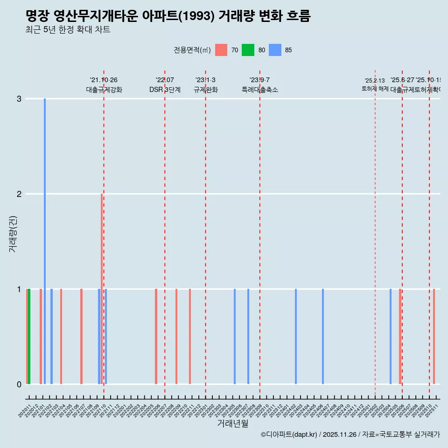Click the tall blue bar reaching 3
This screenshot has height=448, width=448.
pyautogui.click(x=45, y=241)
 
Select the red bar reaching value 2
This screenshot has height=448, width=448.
pyautogui.click(x=102, y=288)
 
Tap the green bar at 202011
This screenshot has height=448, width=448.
pyautogui.click(x=29, y=336)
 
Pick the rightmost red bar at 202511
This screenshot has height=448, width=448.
pyautogui.click(x=434, y=336)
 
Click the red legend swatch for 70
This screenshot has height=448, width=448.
pyautogui.click(x=221, y=50)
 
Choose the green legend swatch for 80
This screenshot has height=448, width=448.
pyautogui.click(x=248, y=50)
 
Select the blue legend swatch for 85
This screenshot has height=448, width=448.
pyautogui.click(x=275, y=50)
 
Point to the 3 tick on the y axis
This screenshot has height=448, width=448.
pyautogui.click(x=19, y=99)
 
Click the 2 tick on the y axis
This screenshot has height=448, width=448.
pyautogui.click(x=19, y=194)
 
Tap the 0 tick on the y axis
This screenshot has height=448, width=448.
pyautogui.click(x=19, y=385)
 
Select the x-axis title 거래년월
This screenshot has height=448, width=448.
pyautogui.click(x=232, y=423)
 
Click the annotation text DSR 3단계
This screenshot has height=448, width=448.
pyautogui.click(x=165, y=90)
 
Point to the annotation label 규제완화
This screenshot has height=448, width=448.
pyautogui.click(x=206, y=90)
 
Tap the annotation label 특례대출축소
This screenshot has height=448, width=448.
pyautogui.click(x=260, y=90)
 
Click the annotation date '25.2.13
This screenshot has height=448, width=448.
pyautogui.click(x=375, y=81)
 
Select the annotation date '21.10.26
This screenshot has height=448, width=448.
pyautogui.click(x=104, y=80)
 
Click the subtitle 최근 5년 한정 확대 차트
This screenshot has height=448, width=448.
pyautogui.click(x=68, y=30)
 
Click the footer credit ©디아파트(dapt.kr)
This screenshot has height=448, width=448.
pyautogui.click(x=289, y=434)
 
